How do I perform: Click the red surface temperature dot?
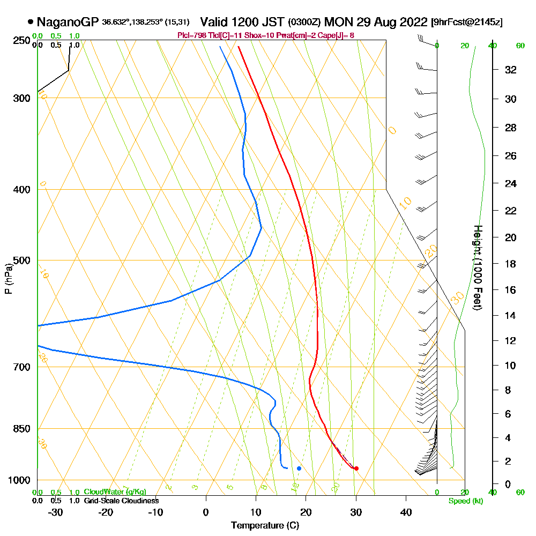click(356, 468)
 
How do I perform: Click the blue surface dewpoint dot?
click(299, 468)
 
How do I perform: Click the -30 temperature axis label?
click(56, 512)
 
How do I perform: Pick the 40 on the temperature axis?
click(406, 512)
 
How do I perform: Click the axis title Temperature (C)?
click(265, 525)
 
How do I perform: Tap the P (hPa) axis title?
click(8, 279)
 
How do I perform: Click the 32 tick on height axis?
click(511, 70)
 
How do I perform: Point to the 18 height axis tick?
click(511, 264)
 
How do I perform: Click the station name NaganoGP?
click(68, 23)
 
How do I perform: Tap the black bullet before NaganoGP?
click(31, 23)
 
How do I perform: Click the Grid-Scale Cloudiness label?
click(121, 501)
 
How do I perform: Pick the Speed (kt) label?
click(465, 501)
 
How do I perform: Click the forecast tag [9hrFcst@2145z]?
click(466, 23)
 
